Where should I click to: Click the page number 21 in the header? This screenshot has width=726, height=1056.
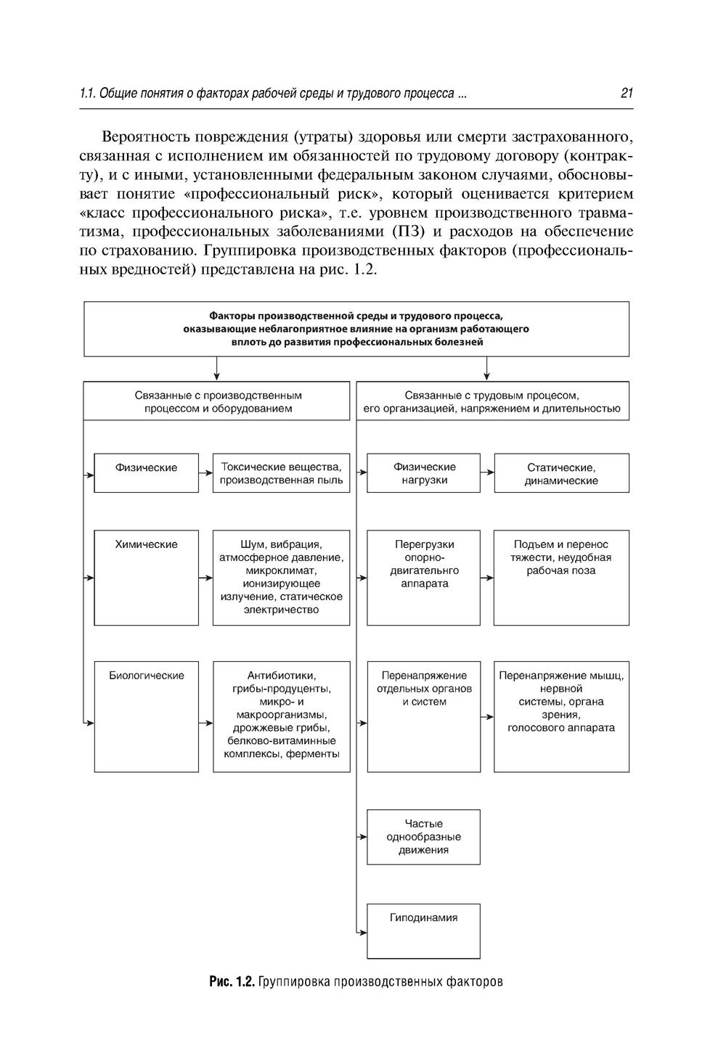click(x=627, y=93)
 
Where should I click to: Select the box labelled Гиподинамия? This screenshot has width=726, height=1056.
click(x=423, y=930)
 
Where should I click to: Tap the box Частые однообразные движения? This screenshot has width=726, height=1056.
click(x=423, y=837)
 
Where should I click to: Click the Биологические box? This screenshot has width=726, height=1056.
click(x=147, y=716)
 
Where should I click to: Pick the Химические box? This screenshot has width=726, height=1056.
click(x=147, y=577)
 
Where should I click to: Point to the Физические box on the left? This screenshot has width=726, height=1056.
click(x=147, y=472)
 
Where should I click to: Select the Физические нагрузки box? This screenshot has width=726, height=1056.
click(x=423, y=472)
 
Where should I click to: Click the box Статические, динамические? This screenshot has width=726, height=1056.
click(x=561, y=473)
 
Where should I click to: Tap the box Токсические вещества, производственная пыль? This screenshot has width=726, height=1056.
click(x=281, y=473)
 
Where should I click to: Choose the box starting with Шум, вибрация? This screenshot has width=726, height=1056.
click(x=281, y=577)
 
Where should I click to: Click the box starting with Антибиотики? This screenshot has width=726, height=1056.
click(x=281, y=716)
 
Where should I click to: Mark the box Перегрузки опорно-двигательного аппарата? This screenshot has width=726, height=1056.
click(x=423, y=577)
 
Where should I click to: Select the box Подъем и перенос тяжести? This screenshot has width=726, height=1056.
click(x=561, y=577)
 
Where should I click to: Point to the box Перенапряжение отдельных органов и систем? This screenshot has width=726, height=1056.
click(x=423, y=716)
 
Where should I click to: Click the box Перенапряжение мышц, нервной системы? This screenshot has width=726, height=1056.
click(x=561, y=716)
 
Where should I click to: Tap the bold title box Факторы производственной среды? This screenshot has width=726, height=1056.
click(x=356, y=329)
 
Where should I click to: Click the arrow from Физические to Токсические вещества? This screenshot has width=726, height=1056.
click(x=205, y=472)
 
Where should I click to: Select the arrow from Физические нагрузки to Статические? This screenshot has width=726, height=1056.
click(x=487, y=472)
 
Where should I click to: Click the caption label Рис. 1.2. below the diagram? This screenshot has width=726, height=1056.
click(x=232, y=982)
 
